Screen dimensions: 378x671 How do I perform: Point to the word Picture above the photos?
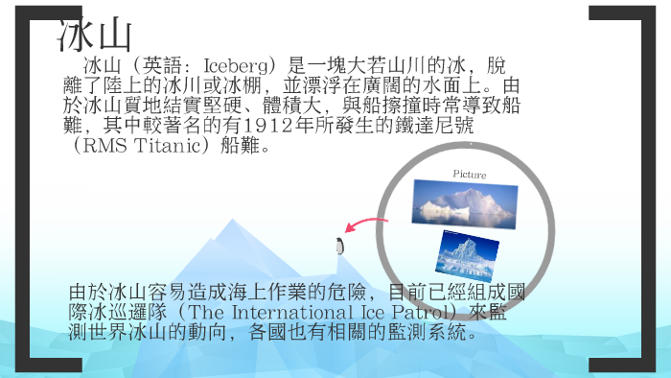(469, 175)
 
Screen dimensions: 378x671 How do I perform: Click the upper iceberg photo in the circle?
(465, 204)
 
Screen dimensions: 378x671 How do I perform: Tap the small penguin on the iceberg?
(339, 246)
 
